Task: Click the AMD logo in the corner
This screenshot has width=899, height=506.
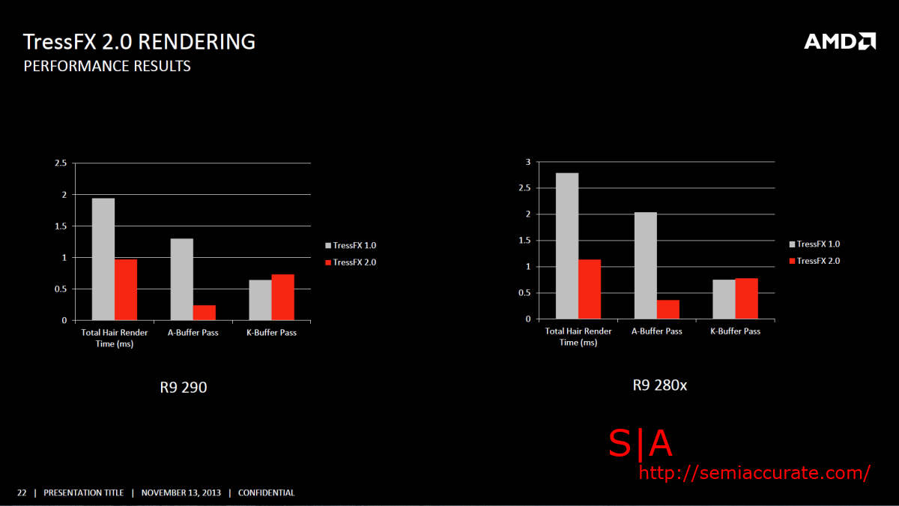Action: pyautogui.click(x=840, y=41)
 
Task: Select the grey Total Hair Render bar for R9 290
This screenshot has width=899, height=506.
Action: pyautogui.click(x=103, y=259)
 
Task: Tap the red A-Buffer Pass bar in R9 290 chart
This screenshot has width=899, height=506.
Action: pyautogui.click(x=205, y=313)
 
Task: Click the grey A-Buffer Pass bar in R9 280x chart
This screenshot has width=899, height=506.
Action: pyautogui.click(x=646, y=265)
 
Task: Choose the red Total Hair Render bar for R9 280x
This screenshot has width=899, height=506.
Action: pyautogui.click(x=590, y=289)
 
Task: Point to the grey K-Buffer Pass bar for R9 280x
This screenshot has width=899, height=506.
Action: pyautogui.click(x=724, y=299)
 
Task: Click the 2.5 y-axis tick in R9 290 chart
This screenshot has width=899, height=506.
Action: pyautogui.click(x=61, y=163)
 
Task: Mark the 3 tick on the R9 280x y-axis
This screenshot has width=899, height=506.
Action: pyautogui.click(x=527, y=162)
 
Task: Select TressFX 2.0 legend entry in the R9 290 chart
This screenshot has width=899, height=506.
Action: pyautogui.click(x=354, y=262)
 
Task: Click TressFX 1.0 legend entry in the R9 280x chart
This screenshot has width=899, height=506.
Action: pyautogui.click(x=817, y=244)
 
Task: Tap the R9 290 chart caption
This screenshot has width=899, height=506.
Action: pyautogui.click(x=183, y=388)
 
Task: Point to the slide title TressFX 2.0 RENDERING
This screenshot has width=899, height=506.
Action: pyautogui.click(x=139, y=41)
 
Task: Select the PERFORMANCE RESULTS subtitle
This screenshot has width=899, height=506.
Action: pyautogui.click(x=107, y=67)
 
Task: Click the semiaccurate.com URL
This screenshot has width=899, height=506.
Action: pyautogui.click(x=754, y=473)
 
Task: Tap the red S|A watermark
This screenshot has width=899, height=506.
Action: pyautogui.click(x=641, y=445)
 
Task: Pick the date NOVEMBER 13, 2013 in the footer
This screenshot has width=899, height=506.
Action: pyautogui.click(x=181, y=493)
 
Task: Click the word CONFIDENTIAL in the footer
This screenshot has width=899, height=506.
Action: pyautogui.click(x=266, y=493)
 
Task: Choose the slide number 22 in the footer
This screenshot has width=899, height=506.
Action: pyautogui.click(x=22, y=493)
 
